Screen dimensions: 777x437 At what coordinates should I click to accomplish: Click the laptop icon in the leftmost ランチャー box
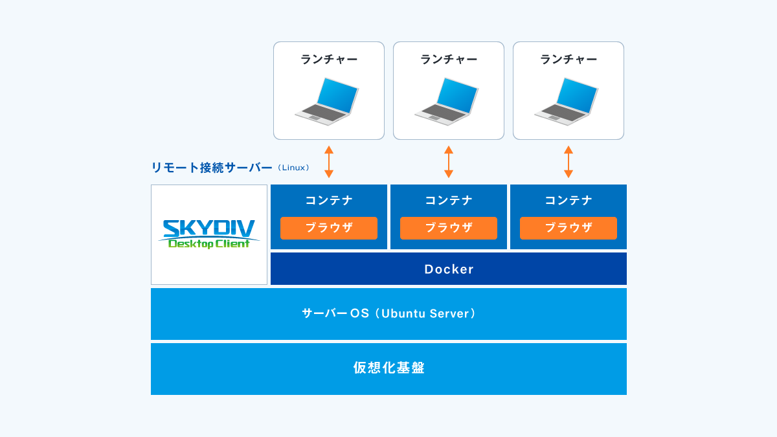(327, 101)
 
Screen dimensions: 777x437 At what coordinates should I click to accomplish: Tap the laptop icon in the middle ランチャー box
(446, 101)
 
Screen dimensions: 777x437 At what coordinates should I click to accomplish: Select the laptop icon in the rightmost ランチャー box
(566, 101)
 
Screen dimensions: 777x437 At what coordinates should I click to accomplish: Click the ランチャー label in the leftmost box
(329, 60)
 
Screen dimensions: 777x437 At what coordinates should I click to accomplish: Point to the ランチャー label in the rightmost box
(569, 60)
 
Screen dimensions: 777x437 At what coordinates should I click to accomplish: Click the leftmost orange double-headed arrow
(329, 162)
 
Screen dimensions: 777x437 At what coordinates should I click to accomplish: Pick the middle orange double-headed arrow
(449, 162)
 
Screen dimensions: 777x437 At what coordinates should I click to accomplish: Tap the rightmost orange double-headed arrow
(569, 162)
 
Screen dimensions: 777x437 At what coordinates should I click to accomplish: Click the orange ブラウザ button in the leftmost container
(329, 228)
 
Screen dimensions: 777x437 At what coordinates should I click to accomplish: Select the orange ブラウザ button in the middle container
(449, 228)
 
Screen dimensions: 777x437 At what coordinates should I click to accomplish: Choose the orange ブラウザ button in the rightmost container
(569, 228)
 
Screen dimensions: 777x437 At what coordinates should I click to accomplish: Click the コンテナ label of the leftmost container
(329, 200)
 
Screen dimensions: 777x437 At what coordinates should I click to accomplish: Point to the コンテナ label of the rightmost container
(569, 200)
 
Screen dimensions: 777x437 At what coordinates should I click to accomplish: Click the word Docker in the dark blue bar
(449, 269)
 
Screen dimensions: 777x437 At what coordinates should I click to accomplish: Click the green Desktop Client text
(208, 244)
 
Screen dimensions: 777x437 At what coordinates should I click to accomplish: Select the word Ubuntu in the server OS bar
(403, 313)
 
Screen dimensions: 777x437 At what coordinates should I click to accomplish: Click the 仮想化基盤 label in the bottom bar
(389, 368)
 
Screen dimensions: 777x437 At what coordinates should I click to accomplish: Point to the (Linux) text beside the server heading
(293, 168)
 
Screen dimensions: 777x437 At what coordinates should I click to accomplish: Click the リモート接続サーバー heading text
(212, 168)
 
